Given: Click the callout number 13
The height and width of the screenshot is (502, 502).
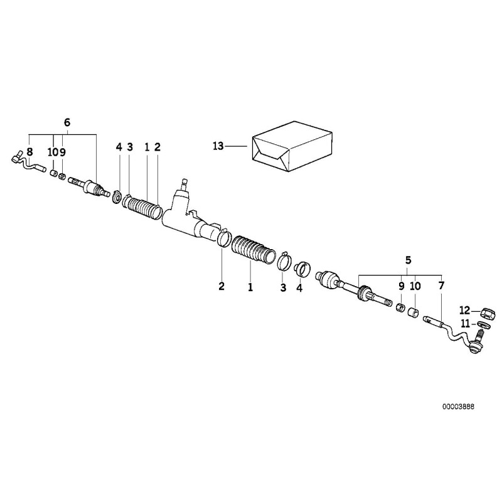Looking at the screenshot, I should (218, 147).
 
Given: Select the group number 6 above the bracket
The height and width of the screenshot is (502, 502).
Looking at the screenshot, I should (68, 122).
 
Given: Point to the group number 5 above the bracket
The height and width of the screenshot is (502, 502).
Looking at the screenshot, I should (409, 259).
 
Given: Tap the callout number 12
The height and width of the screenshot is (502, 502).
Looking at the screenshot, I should (464, 309).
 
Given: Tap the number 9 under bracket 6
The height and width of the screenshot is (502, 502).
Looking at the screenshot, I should (63, 152).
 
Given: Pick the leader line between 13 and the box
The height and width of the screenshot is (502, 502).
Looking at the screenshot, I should (238, 147).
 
